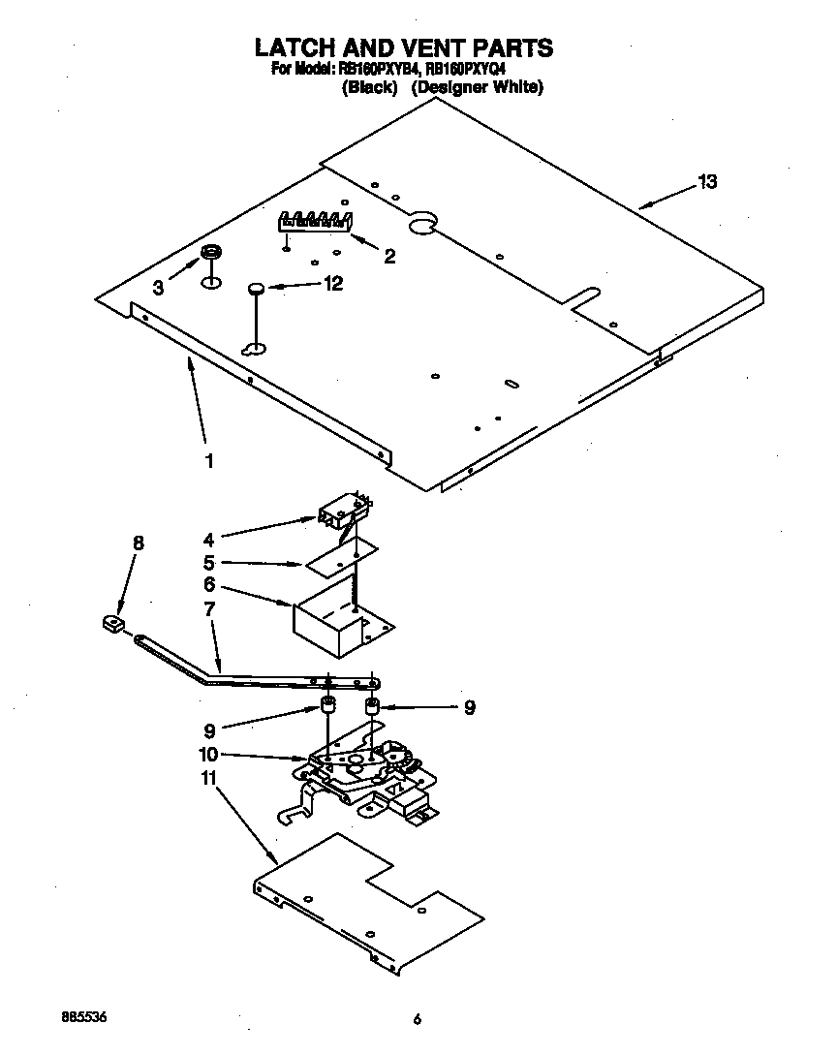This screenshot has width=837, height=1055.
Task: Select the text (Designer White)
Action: pyautogui.click(x=477, y=87)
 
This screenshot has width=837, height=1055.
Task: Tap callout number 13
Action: pyautogui.click(x=707, y=182)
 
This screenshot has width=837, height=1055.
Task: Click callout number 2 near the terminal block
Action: pyautogui.click(x=389, y=257)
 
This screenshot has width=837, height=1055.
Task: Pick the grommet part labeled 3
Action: pyautogui.click(x=210, y=255)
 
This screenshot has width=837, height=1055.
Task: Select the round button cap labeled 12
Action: pyautogui.click(x=256, y=287)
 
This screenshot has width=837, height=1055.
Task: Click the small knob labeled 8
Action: pyautogui.click(x=113, y=621)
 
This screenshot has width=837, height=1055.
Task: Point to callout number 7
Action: pyautogui.click(x=209, y=608)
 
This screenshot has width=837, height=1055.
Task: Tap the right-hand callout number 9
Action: pyautogui.click(x=469, y=707)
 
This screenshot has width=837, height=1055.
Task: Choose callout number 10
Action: pyautogui.click(x=208, y=755)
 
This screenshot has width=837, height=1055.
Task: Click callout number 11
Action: pyautogui.click(x=208, y=777)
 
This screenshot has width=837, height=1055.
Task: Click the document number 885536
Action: pyautogui.click(x=82, y=1017)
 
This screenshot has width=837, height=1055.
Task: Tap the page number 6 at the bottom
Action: pyautogui.click(x=418, y=1019)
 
